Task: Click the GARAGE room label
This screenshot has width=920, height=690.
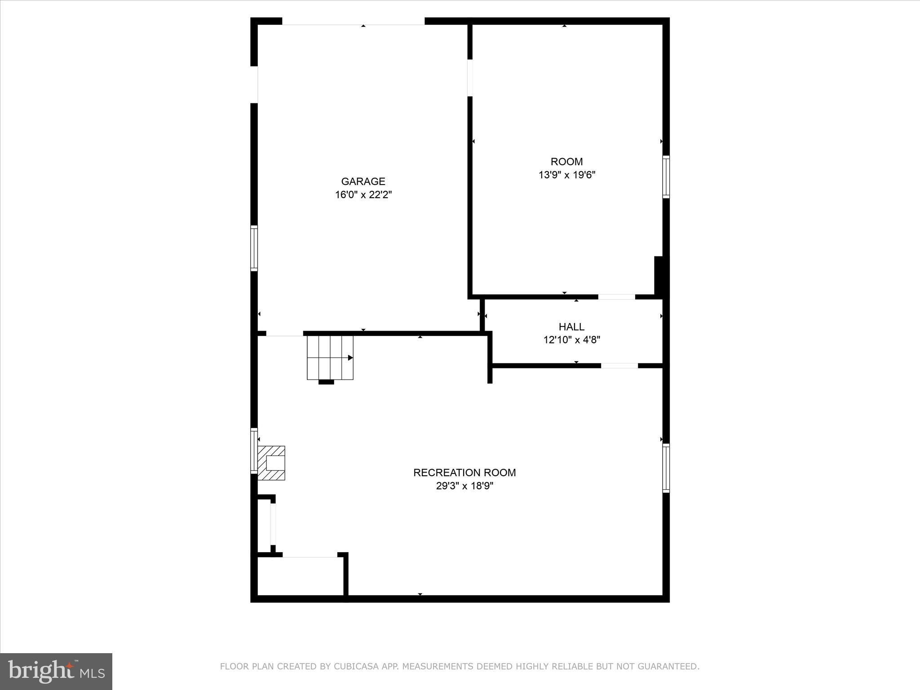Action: pos(363,181)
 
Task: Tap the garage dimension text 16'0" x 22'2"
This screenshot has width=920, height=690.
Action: pos(363,195)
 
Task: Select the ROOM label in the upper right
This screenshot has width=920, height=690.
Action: pos(566,162)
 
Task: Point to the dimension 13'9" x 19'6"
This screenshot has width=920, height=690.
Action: pos(567,175)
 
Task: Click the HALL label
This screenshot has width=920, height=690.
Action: pos(571,327)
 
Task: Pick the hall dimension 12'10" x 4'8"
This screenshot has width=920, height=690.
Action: pos(571,340)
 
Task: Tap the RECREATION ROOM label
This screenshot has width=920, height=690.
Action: pos(464,473)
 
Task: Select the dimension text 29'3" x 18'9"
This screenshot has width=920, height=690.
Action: pos(464,486)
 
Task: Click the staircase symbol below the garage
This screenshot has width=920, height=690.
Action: pos(330,358)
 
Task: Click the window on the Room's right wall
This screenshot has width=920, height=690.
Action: pos(666,177)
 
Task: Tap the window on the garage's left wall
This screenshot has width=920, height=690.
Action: pos(254,248)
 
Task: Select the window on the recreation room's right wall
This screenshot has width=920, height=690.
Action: pos(666,468)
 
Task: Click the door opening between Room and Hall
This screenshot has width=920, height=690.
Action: pos(616,297)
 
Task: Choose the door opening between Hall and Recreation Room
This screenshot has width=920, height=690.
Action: pos(619,366)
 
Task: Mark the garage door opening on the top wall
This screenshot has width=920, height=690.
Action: pos(353,22)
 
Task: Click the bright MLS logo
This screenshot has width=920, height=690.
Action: pos(56,671)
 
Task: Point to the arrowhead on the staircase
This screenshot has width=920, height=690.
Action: pos(350,358)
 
